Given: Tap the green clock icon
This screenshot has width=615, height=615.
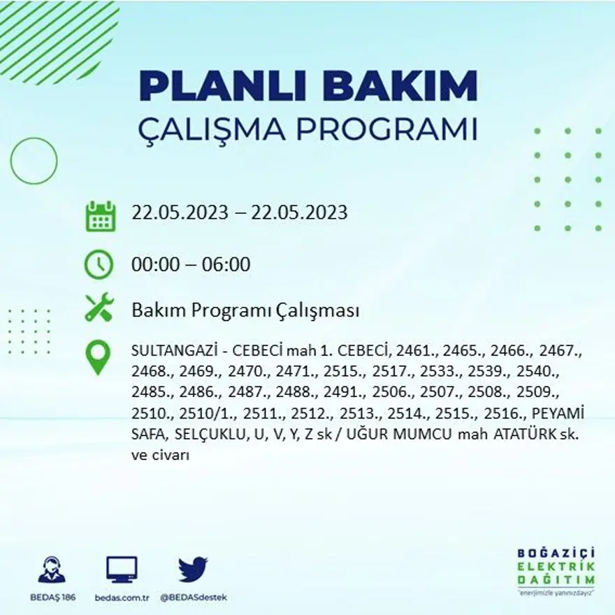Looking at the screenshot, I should tap(98, 264).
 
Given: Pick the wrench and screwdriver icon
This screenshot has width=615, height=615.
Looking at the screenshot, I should tap(99, 307).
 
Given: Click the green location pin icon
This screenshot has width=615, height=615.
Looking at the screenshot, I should tap(98, 356).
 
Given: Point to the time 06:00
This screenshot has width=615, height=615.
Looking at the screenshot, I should tap(225, 265).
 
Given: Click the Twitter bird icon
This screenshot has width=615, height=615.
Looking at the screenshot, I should tap(191, 569).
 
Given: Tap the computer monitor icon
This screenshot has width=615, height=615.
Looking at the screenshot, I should tap(122, 570).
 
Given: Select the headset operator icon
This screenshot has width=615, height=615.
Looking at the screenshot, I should tap(52, 570).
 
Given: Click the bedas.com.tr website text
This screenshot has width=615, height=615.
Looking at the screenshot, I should tap(121, 598).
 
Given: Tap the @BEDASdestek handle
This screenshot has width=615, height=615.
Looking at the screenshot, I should tap(194, 598).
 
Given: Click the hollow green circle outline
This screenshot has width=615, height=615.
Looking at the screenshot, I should tap(34, 161).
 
